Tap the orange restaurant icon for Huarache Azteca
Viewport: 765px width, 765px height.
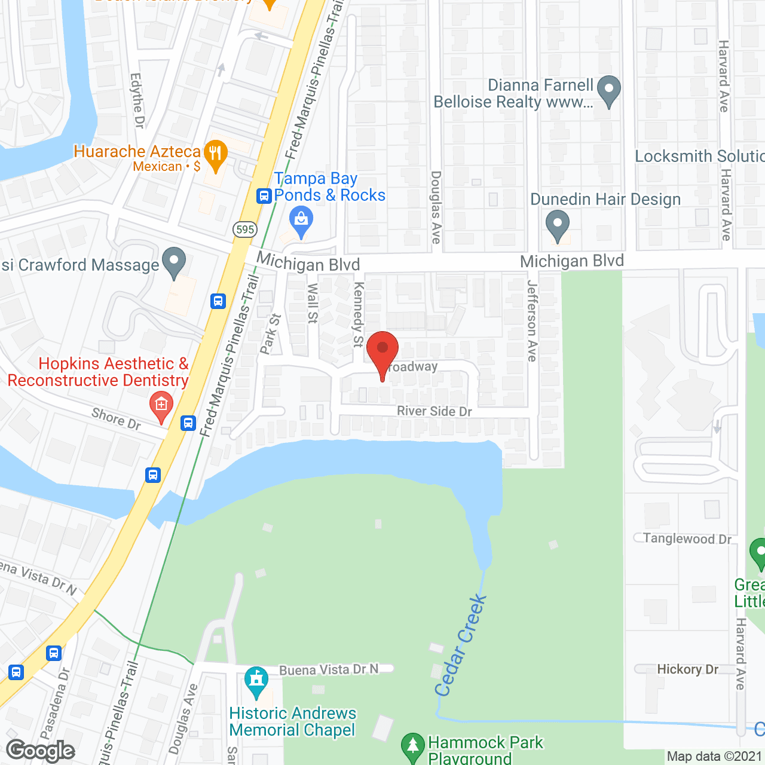pos(215,154)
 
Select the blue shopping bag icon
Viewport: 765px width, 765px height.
pos(301,221)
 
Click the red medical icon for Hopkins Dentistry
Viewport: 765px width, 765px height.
pos(161,405)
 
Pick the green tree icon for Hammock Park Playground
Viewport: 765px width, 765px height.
pos(412,746)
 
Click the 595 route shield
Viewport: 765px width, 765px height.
pos(245,229)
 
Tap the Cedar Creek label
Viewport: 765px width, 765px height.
pos(460,645)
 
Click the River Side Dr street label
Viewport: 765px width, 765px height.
pos(434,411)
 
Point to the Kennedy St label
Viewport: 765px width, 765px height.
pos(359,314)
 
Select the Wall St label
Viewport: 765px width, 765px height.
pos(312,303)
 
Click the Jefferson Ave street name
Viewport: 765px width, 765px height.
pos(532,320)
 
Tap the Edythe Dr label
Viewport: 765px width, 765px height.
pos(137,100)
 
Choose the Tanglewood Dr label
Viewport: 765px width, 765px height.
pos(687,538)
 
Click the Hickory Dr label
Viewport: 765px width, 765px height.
pos(687,669)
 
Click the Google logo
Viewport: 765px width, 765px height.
pos(41,751)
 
